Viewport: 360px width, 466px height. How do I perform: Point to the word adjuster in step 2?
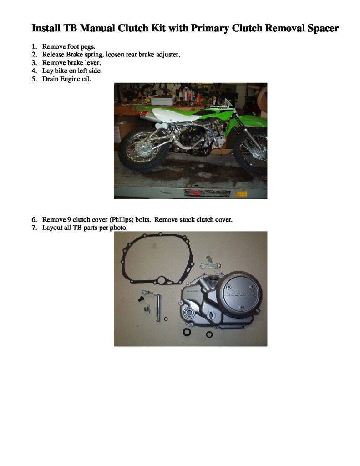167,55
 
